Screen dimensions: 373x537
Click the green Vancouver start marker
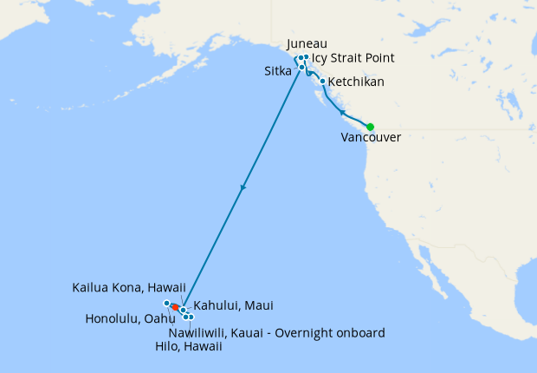tap(370, 127)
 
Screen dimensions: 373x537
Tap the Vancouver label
tap(372, 138)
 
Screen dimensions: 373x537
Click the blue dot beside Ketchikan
tap(323, 82)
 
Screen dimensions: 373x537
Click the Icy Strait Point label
tap(353, 58)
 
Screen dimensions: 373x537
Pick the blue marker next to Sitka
tap(301, 67)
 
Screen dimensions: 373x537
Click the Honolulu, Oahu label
tap(125, 318)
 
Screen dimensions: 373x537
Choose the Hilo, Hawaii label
tap(195, 346)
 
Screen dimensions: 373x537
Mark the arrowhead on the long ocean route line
tap(243, 188)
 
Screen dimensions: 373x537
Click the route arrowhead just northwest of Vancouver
tap(342, 113)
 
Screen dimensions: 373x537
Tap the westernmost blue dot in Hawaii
tap(166, 303)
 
